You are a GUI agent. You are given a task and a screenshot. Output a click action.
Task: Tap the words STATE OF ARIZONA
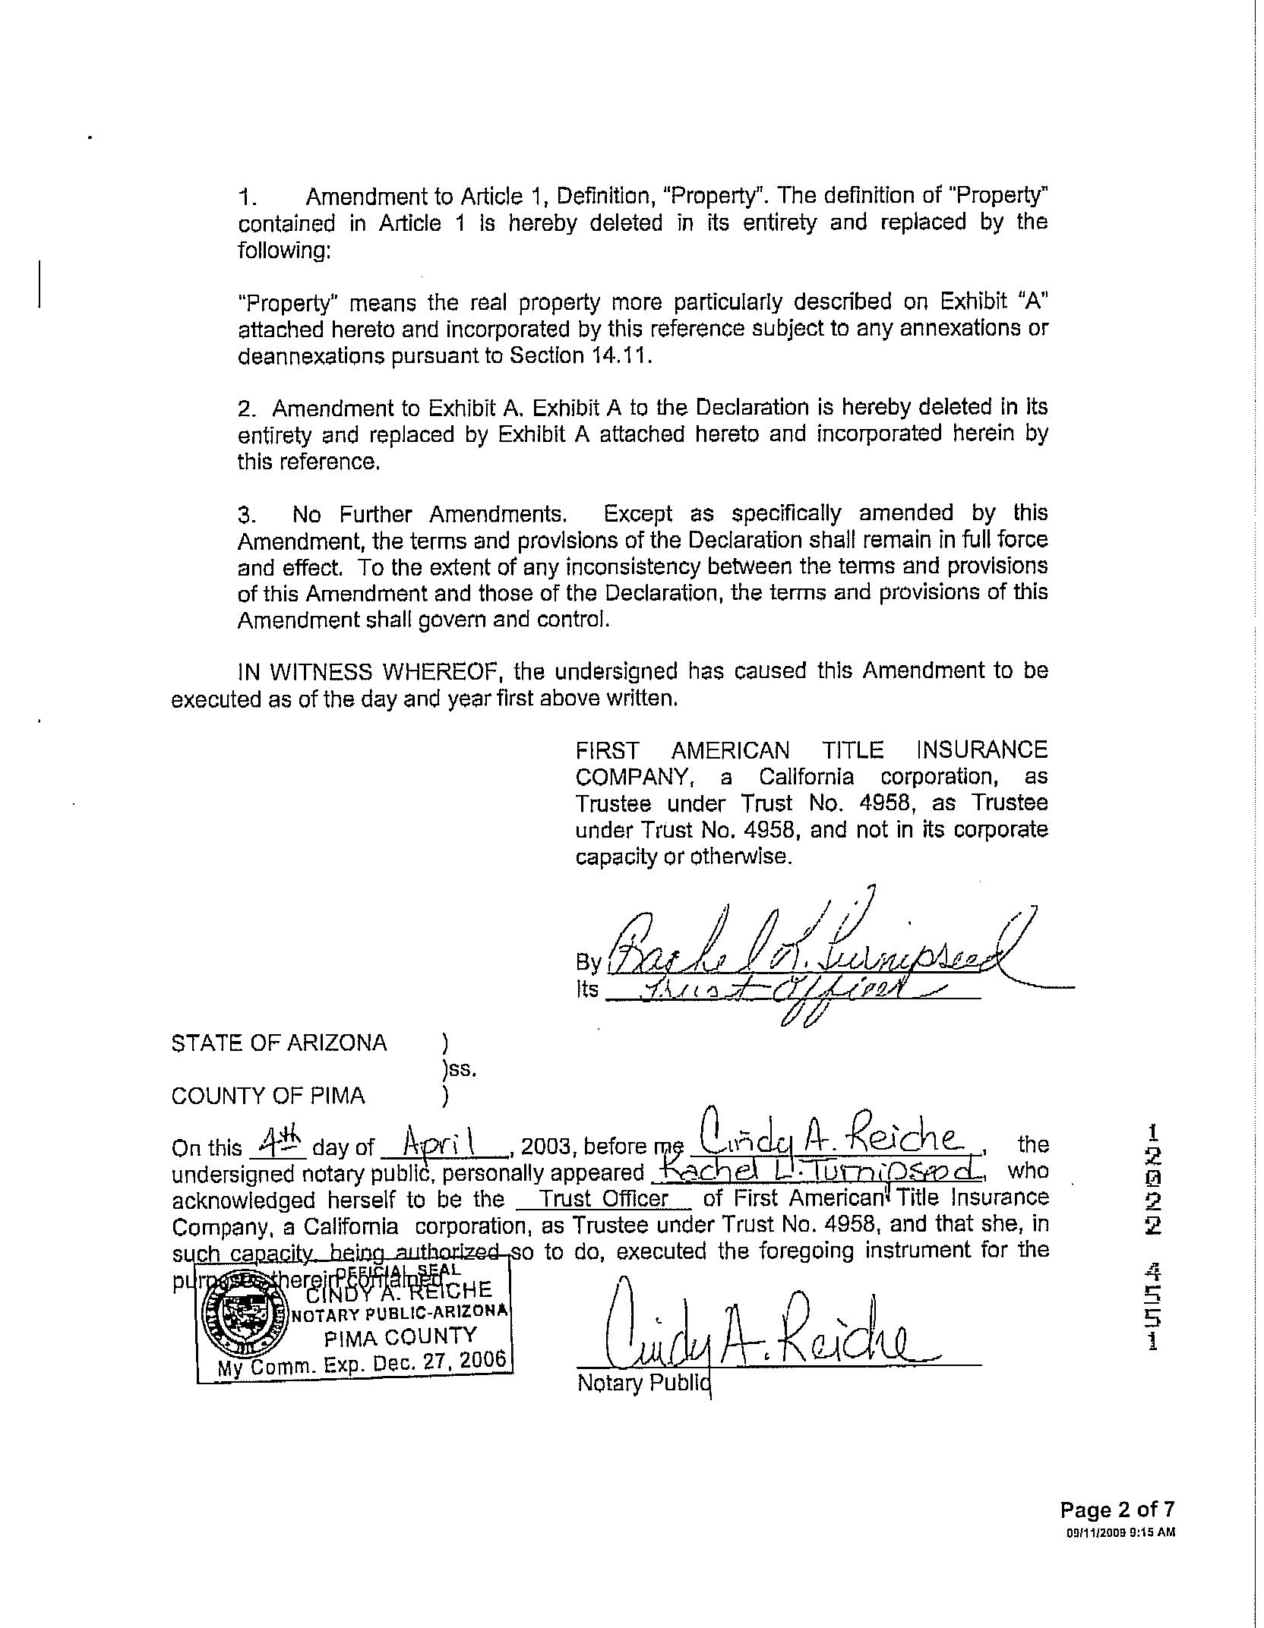pos(279,1043)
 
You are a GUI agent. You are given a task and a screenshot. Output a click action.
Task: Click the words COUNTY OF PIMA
pos(268,1096)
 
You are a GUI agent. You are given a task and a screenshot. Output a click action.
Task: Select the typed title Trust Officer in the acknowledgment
pos(605,1199)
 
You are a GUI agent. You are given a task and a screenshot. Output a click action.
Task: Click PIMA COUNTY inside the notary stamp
pos(400,1336)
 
